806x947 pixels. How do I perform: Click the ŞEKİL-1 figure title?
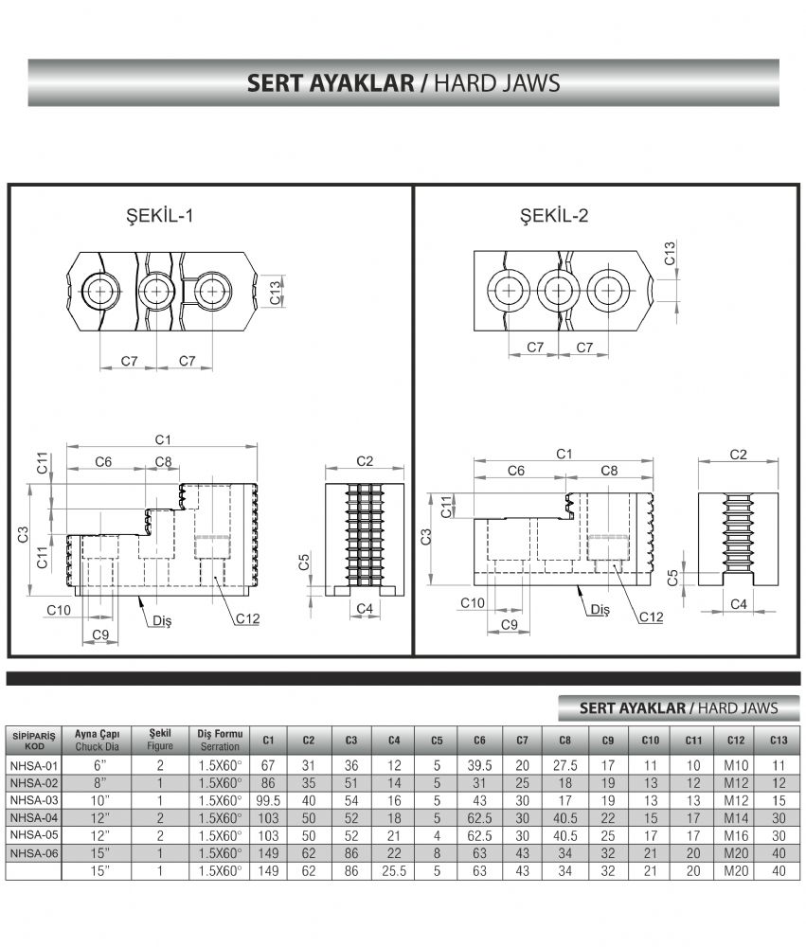coord(159,216)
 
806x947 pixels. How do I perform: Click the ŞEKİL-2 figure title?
coord(554,216)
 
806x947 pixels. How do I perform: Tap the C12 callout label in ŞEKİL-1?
coord(248,618)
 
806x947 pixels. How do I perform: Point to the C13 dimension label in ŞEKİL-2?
coord(670,254)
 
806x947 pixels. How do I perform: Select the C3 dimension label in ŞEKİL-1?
coord(23,534)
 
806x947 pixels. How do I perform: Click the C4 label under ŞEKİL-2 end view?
coord(739,604)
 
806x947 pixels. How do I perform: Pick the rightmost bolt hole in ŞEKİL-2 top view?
coord(608,291)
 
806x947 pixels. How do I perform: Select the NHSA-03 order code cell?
coord(34,801)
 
